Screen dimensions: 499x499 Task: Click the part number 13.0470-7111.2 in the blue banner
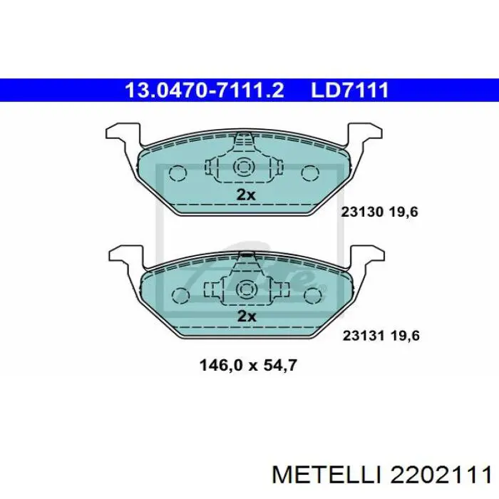tap(205, 91)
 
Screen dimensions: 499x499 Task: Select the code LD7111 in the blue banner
tap(349, 91)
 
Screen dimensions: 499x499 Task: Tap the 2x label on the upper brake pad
tap(246, 194)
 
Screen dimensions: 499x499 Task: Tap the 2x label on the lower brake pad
tap(246, 316)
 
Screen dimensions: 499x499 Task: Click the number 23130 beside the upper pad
tap(363, 212)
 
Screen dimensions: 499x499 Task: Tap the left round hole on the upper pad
tap(178, 173)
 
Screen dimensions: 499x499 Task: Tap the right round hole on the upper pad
tap(310, 173)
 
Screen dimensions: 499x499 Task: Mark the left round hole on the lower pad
tap(180, 295)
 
